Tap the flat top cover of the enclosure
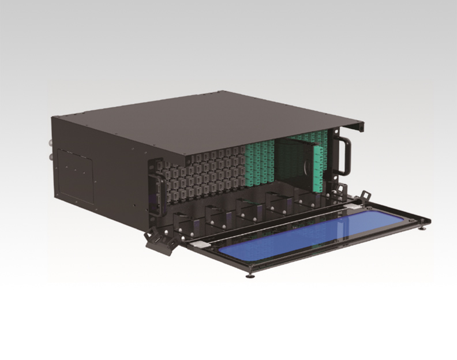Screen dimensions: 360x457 click(x=219, y=121)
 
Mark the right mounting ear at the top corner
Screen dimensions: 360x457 click(x=358, y=125)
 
